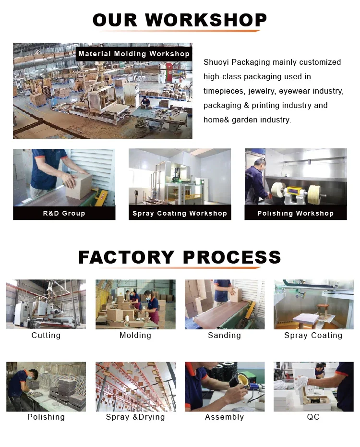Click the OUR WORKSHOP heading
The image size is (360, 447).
point(180,20)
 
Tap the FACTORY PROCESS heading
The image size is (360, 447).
point(180,257)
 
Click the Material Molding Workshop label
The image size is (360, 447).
point(134,54)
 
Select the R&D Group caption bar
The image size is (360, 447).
point(64,213)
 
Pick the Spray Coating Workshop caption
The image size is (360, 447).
point(180,213)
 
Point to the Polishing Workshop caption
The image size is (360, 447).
point(295,213)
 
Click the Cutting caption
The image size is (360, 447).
point(46,335)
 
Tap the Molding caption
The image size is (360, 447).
point(135,335)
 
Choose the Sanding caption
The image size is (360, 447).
point(224,335)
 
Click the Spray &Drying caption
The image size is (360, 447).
point(135,417)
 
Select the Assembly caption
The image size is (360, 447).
point(224,417)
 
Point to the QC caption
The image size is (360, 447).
point(313,417)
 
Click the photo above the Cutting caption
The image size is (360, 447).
point(46,304)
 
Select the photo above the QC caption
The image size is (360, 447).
point(313,387)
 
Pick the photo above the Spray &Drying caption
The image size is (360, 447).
point(135,387)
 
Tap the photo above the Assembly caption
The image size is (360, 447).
point(224,387)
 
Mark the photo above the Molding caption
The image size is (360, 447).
point(135,304)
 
